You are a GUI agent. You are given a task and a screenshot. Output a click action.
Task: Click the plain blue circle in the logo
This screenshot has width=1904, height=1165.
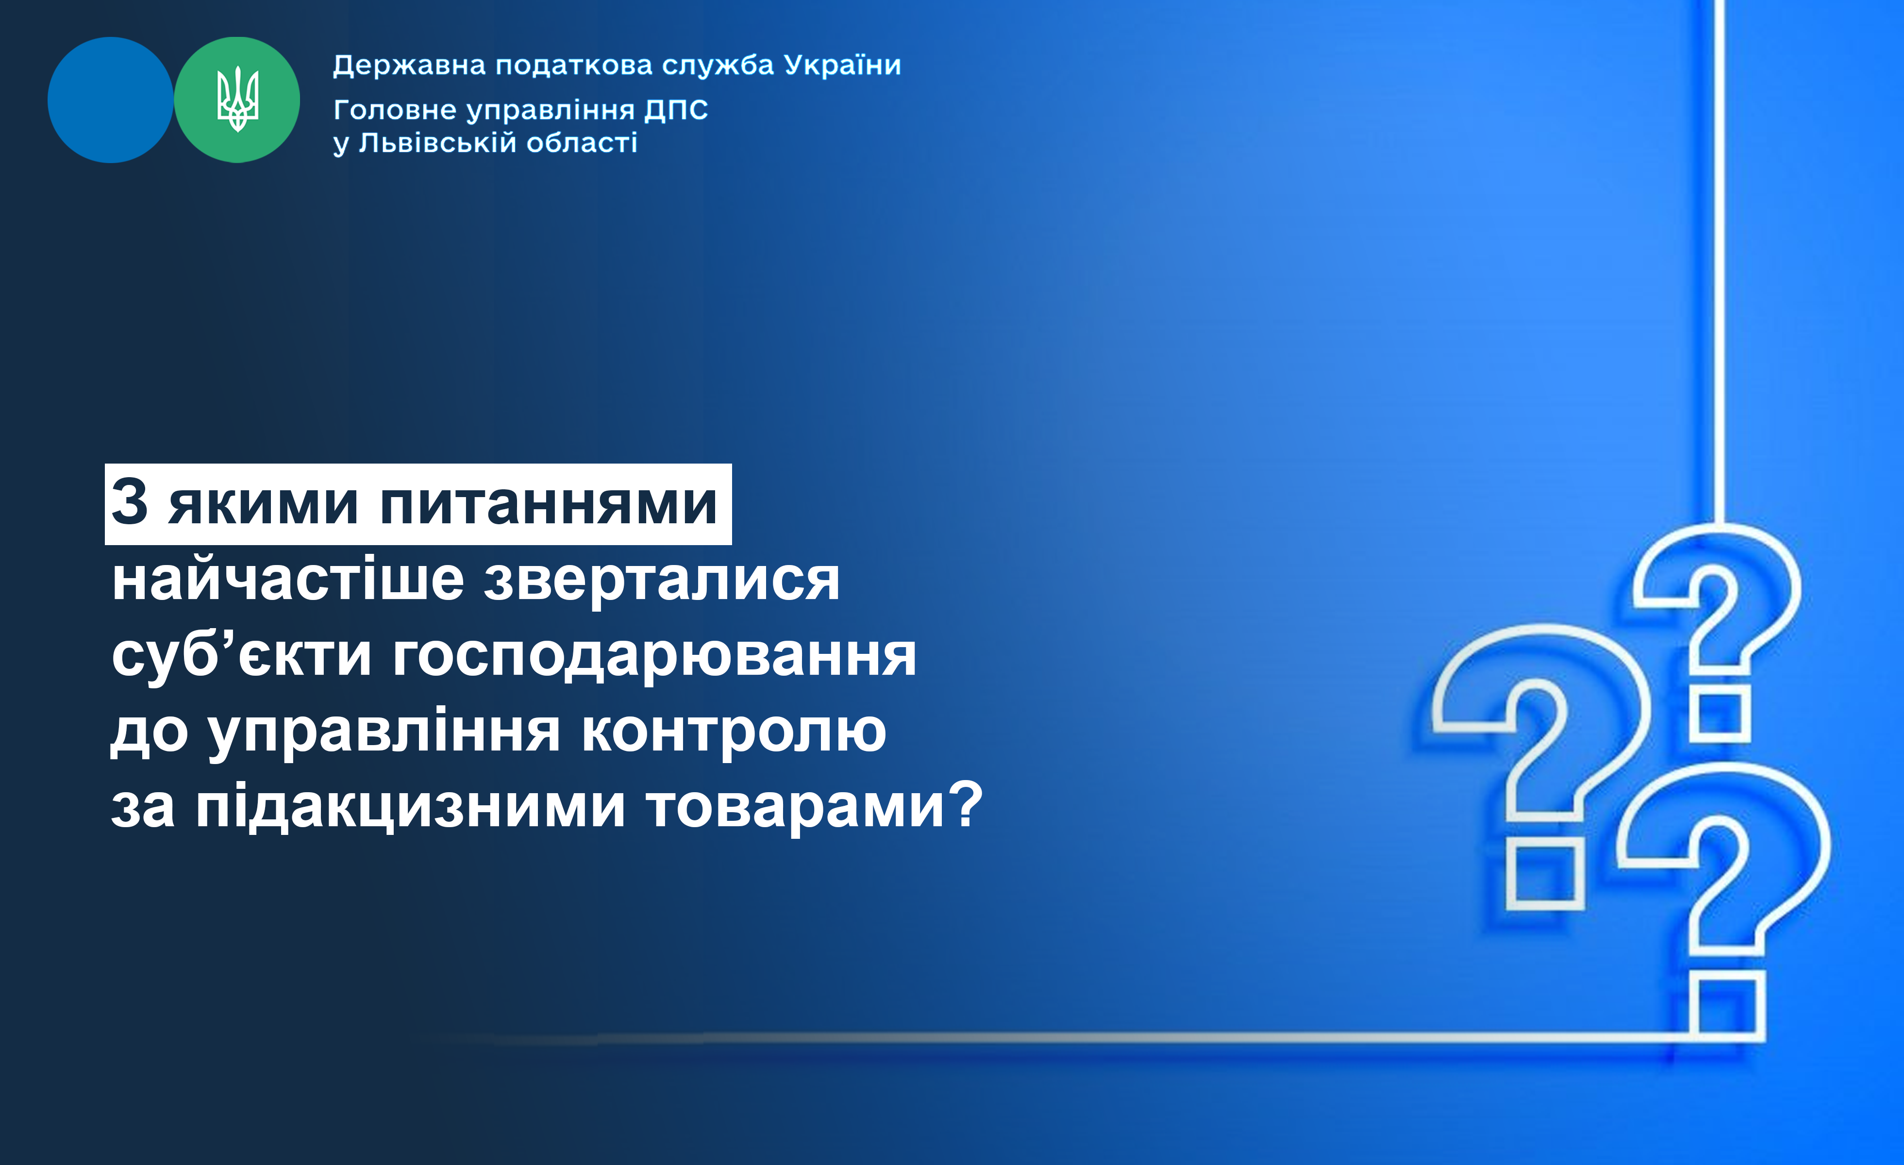(111, 100)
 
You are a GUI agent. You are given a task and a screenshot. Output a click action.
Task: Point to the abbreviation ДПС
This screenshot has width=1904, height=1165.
(676, 111)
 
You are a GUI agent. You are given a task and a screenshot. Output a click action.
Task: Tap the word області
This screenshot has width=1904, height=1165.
(582, 143)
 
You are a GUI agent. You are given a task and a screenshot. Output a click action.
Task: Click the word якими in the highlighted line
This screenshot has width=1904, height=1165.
(263, 504)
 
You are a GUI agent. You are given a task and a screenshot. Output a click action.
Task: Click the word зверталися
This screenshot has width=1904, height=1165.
(662, 581)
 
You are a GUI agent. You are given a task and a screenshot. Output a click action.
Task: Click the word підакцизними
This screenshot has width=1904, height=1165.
(410, 806)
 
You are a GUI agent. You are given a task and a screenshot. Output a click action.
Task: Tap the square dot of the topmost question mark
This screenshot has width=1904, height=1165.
(1720, 716)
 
